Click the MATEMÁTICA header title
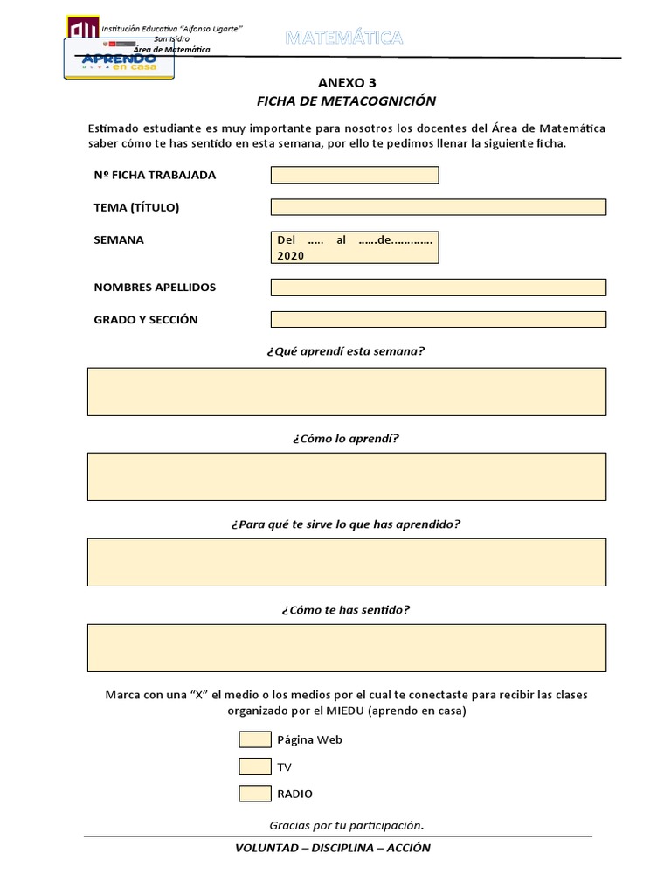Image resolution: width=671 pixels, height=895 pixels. [344, 38]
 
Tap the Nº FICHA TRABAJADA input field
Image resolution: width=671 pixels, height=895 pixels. [355, 175]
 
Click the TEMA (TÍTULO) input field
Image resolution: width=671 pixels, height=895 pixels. [439, 207]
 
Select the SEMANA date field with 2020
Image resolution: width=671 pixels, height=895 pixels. [355, 247]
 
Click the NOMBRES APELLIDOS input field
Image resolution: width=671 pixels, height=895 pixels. [439, 288]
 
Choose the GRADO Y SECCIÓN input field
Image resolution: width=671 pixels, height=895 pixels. [439, 319]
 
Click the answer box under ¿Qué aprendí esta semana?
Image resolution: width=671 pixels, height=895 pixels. [347, 392]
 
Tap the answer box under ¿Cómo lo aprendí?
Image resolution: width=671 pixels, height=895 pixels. [347, 476]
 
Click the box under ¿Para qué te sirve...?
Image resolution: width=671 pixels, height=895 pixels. [347, 562]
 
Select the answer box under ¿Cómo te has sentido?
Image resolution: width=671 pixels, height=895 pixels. [347, 648]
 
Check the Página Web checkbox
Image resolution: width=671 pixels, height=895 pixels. [255, 739]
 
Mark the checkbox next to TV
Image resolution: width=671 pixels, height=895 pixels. [255, 767]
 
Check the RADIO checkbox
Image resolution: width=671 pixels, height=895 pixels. [255, 794]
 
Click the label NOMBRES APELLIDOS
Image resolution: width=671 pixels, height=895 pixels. [155, 288]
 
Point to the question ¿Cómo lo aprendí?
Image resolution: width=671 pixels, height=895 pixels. [346, 438]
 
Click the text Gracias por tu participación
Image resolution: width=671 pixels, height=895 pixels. [346, 825]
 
